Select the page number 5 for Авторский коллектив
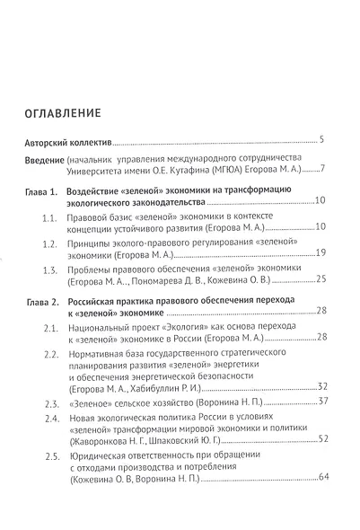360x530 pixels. coord(321,140)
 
